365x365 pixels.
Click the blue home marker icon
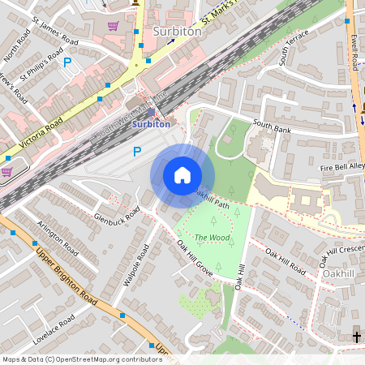pyautogui.click(x=182, y=174)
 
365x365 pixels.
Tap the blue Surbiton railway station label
pyautogui.click(x=152, y=125)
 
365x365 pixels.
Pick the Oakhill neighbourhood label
pyautogui.click(x=338, y=274)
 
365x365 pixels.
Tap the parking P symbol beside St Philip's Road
pyautogui.click(x=67, y=62)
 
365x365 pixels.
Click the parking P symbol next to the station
pyautogui.click(x=137, y=151)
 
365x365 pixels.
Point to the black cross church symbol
pyautogui.click(x=356, y=336)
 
